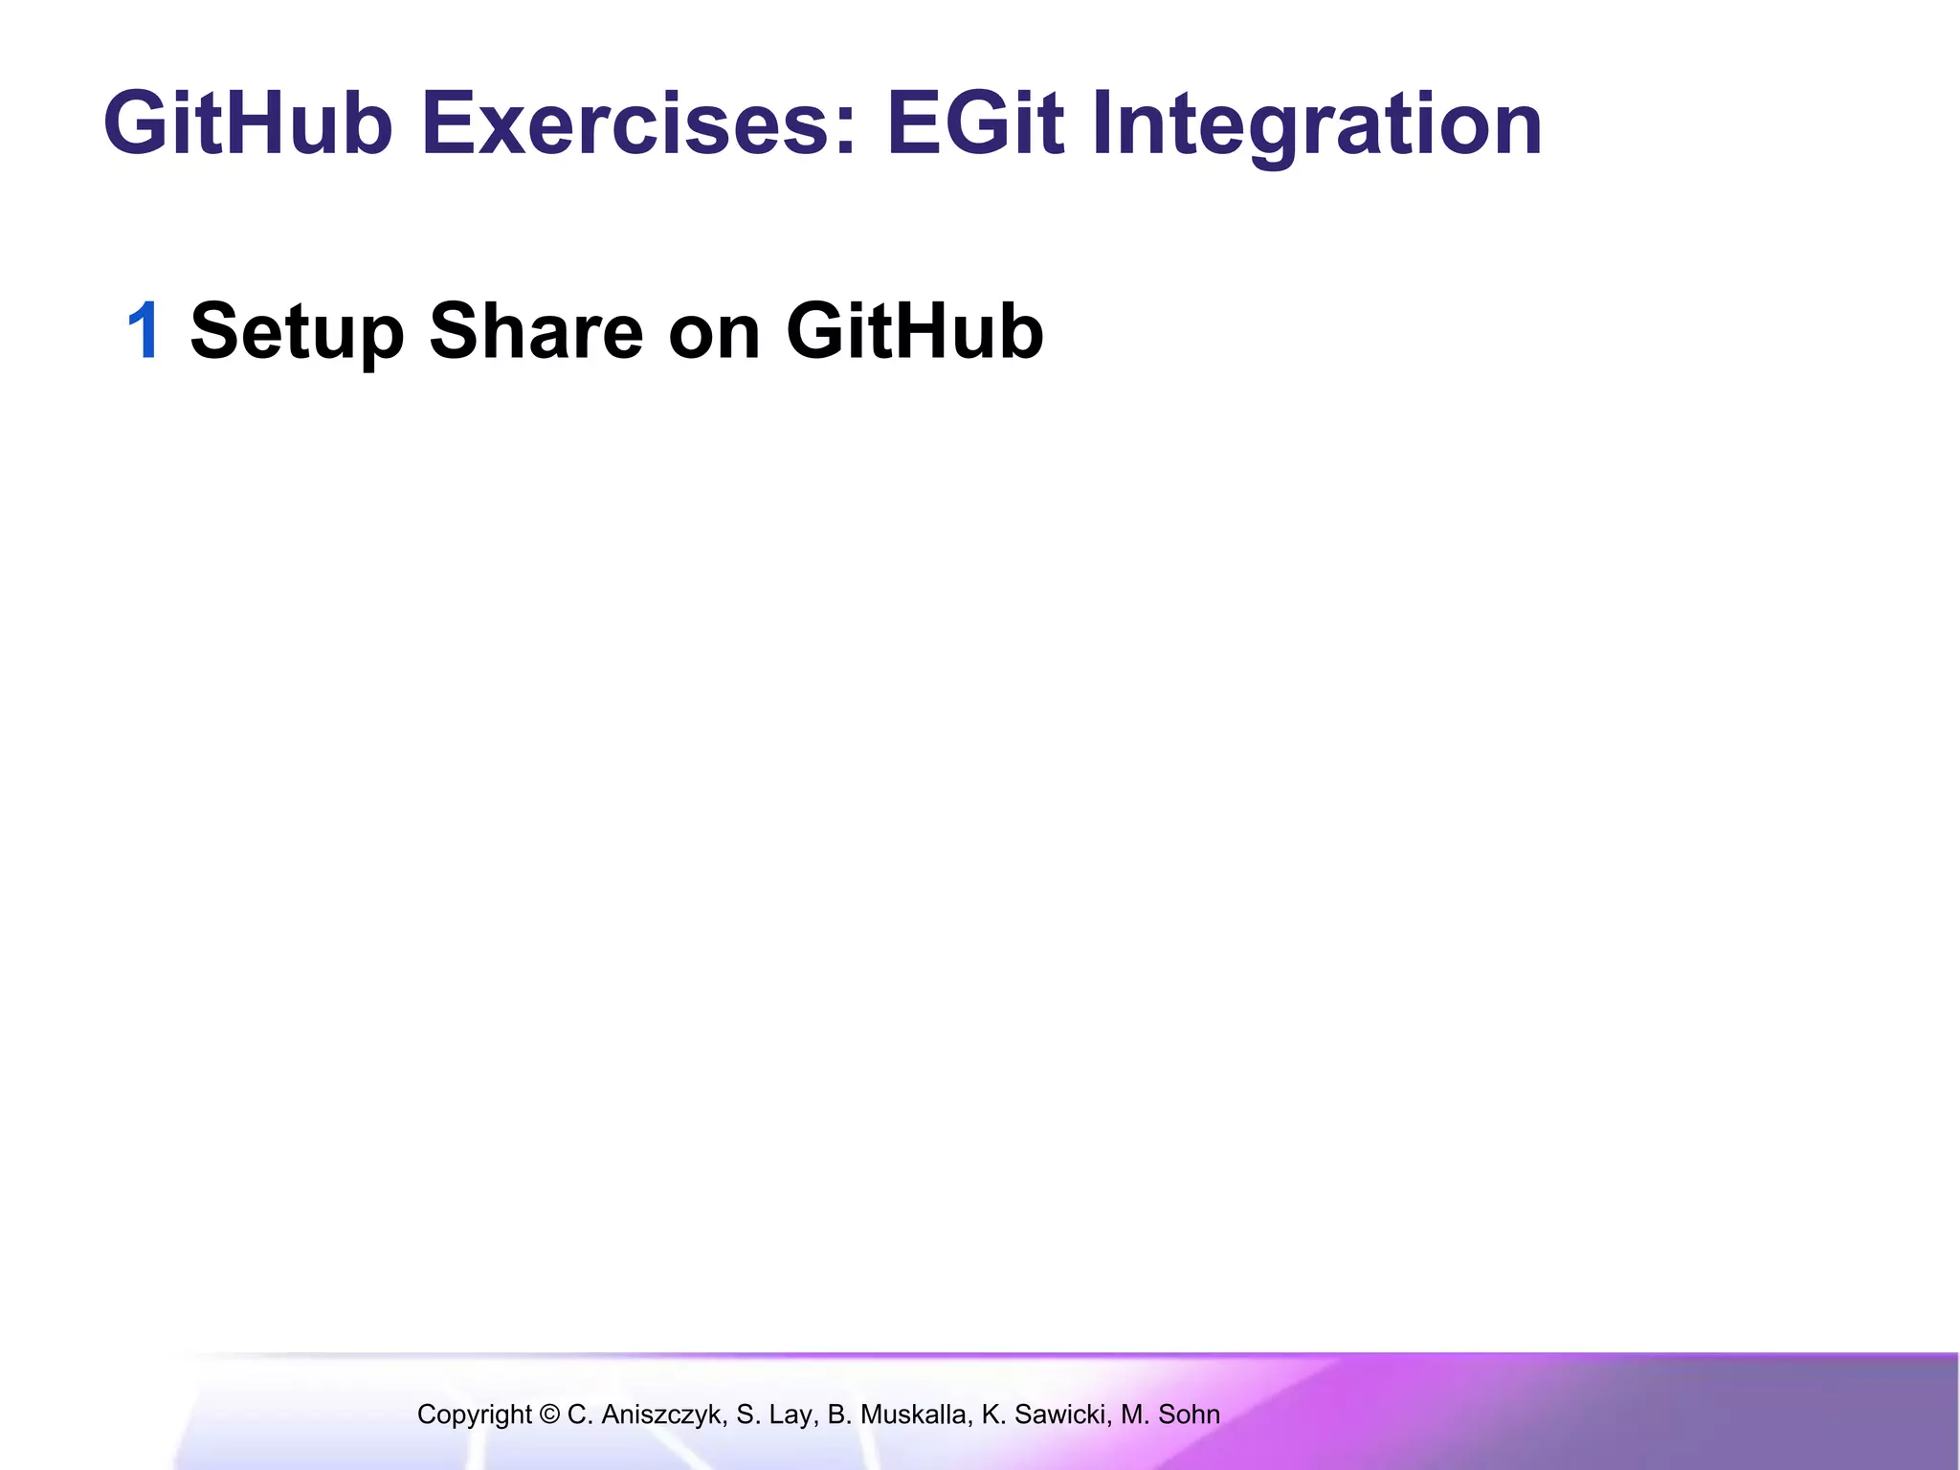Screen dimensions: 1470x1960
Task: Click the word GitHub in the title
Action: pos(248,124)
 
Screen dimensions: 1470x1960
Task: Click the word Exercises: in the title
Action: pos(638,124)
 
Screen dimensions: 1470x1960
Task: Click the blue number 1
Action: pos(145,331)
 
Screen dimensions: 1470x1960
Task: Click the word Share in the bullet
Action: pos(536,331)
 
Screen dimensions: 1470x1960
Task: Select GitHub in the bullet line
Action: pos(914,331)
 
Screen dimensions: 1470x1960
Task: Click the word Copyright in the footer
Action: pos(474,1414)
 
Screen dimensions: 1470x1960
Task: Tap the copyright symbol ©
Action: pos(549,1414)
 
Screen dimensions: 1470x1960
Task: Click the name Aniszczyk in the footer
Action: pos(661,1414)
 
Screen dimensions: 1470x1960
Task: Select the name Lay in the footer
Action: pos(795,1414)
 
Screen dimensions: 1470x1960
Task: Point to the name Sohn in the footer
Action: pos(1189,1414)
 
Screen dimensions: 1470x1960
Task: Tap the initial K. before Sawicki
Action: pos(992,1414)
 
